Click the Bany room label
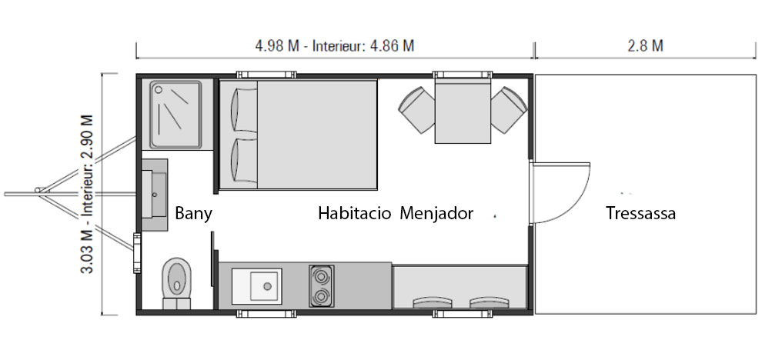tap(193, 213)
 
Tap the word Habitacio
tap(354, 213)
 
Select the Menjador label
tap(436, 213)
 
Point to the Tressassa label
tap(640, 213)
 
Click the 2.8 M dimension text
tap(645, 45)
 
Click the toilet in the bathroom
tap(177, 280)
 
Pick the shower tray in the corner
tap(176, 115)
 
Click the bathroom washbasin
tap(156, 195)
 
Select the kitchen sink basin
tap(266, 285)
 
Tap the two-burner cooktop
tap(322, 285)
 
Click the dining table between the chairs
tap(463, 110)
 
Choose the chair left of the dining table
tap(416, 110)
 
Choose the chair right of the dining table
tap(508, 110)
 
